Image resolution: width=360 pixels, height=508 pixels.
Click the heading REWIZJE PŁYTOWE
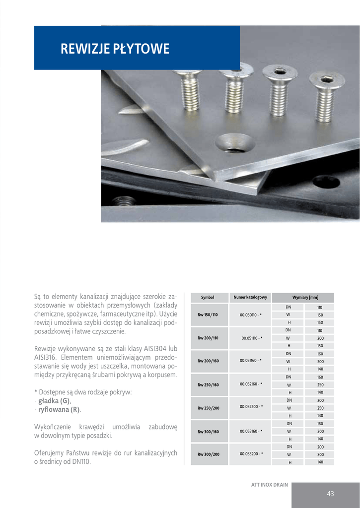pyautogui.click(x=115, y=49)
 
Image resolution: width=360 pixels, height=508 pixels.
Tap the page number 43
pyautogui.click(x=330, y=494)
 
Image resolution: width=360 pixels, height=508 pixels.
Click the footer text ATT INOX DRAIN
pyautogui.click(x=269, y=485)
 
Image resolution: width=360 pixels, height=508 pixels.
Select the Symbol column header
pyautogui.click(x=208, y=298)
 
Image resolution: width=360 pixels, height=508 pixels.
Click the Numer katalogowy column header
pyautogui.click(x=250, y=298)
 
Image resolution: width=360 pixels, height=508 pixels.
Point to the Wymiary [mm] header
pyautogui.click(x=305, y=298)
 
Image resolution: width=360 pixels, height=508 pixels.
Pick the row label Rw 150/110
pyautogui.click(x=208, y=315)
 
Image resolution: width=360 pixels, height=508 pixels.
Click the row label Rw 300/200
pyautogui.click(x=208, y=454)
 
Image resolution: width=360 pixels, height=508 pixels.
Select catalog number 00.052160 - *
pyautogui.click(x=251, y=384)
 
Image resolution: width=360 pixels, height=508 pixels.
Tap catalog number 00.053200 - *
pyautogui.click(x=251, y=454)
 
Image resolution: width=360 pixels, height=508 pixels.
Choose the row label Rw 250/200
pyautogui.click(x=208, y=408)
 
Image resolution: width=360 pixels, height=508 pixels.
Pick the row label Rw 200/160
pyautogui.click(x=208, y=361)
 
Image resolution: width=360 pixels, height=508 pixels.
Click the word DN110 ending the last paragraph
pyautogui.click(x=80, y=462)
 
